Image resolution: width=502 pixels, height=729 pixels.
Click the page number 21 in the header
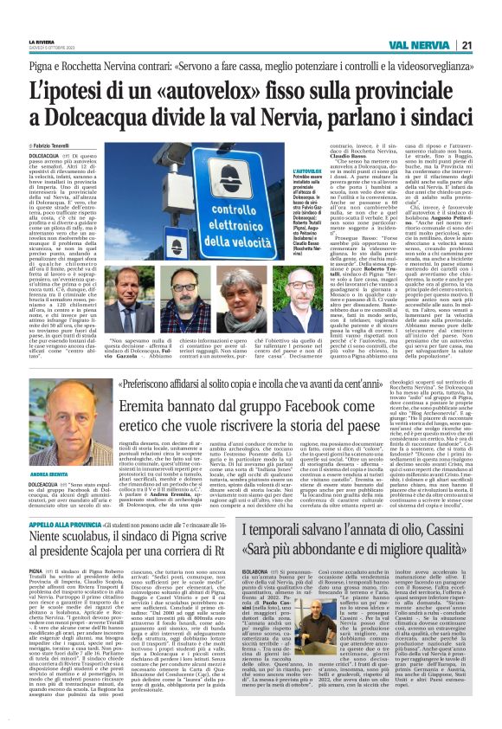pos(491,44)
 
